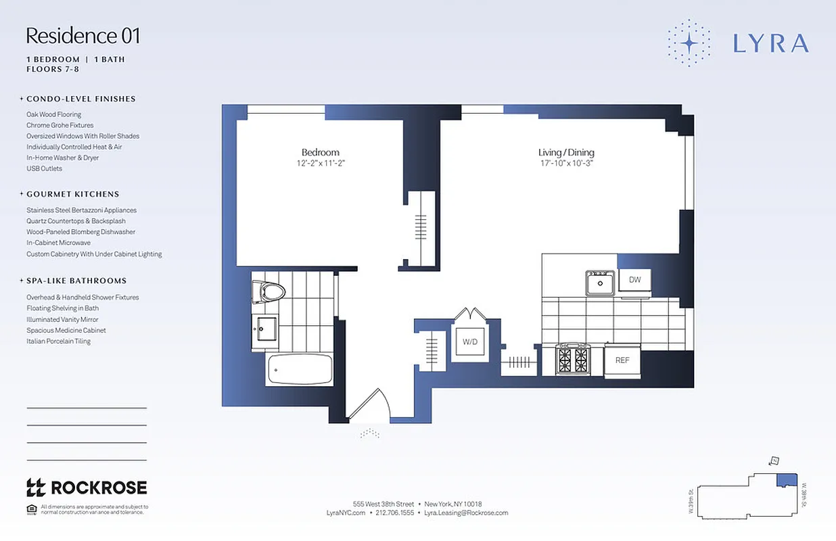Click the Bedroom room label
(x=321, y=152)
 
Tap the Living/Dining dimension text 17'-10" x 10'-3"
(x=566, y=164)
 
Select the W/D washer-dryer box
(x=470, y=342)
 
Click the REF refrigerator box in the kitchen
(x=622, y=360)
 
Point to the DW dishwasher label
(x=634, y=279)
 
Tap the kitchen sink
(x=600, y=283)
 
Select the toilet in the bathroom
(x=269, y=292)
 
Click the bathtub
(x=300, y=370)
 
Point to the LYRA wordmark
(x=771, y=43)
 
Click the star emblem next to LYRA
(x=689, y=43)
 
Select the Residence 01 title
(x=83, y=35)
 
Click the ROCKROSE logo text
(x=98, y=487)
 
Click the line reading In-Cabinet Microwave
(x=58, y=243)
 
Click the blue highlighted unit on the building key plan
(x=785, y=479)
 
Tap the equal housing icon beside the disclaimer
(x=31, y=509)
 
